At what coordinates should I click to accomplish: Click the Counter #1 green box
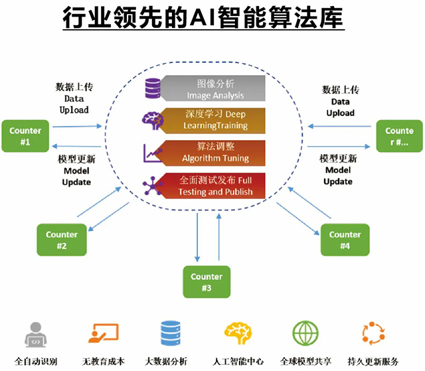tap(25, 135)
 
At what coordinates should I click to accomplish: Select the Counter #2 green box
tap(61, 240)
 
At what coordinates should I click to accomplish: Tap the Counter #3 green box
tap(206, 281)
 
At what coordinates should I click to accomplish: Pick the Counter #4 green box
tap(345, 240)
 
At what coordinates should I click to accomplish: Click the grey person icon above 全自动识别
tap(36, 335)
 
